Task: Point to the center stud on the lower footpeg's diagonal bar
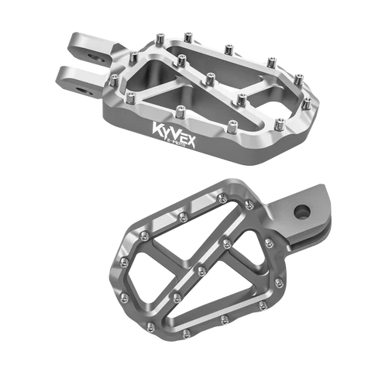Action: click(x=201, y=270)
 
